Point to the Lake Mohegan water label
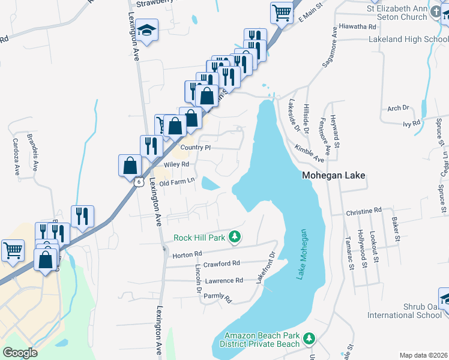(303, 254)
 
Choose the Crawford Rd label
(221, 263)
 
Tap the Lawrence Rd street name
(223, 280)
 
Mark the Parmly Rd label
(217, 296)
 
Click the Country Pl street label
(196, 148)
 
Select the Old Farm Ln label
(175, 181)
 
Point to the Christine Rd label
(364, 211)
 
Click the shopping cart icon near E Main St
(282, 12)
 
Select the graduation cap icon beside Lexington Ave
(146, 30)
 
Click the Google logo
(20, 353)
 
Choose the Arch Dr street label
(398, 108)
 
